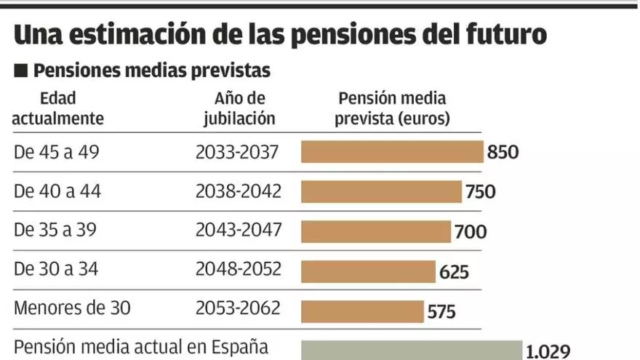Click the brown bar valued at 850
391,152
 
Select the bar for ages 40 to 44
381,192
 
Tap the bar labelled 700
375,232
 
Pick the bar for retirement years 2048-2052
368,271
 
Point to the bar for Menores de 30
361,311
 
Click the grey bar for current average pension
411,350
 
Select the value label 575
441,313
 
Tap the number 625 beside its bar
454,273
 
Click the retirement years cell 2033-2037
238,153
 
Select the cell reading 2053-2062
238,308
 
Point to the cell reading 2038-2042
238,191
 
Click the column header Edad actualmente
58,108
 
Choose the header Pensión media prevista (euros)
392,108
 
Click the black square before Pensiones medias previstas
20,71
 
